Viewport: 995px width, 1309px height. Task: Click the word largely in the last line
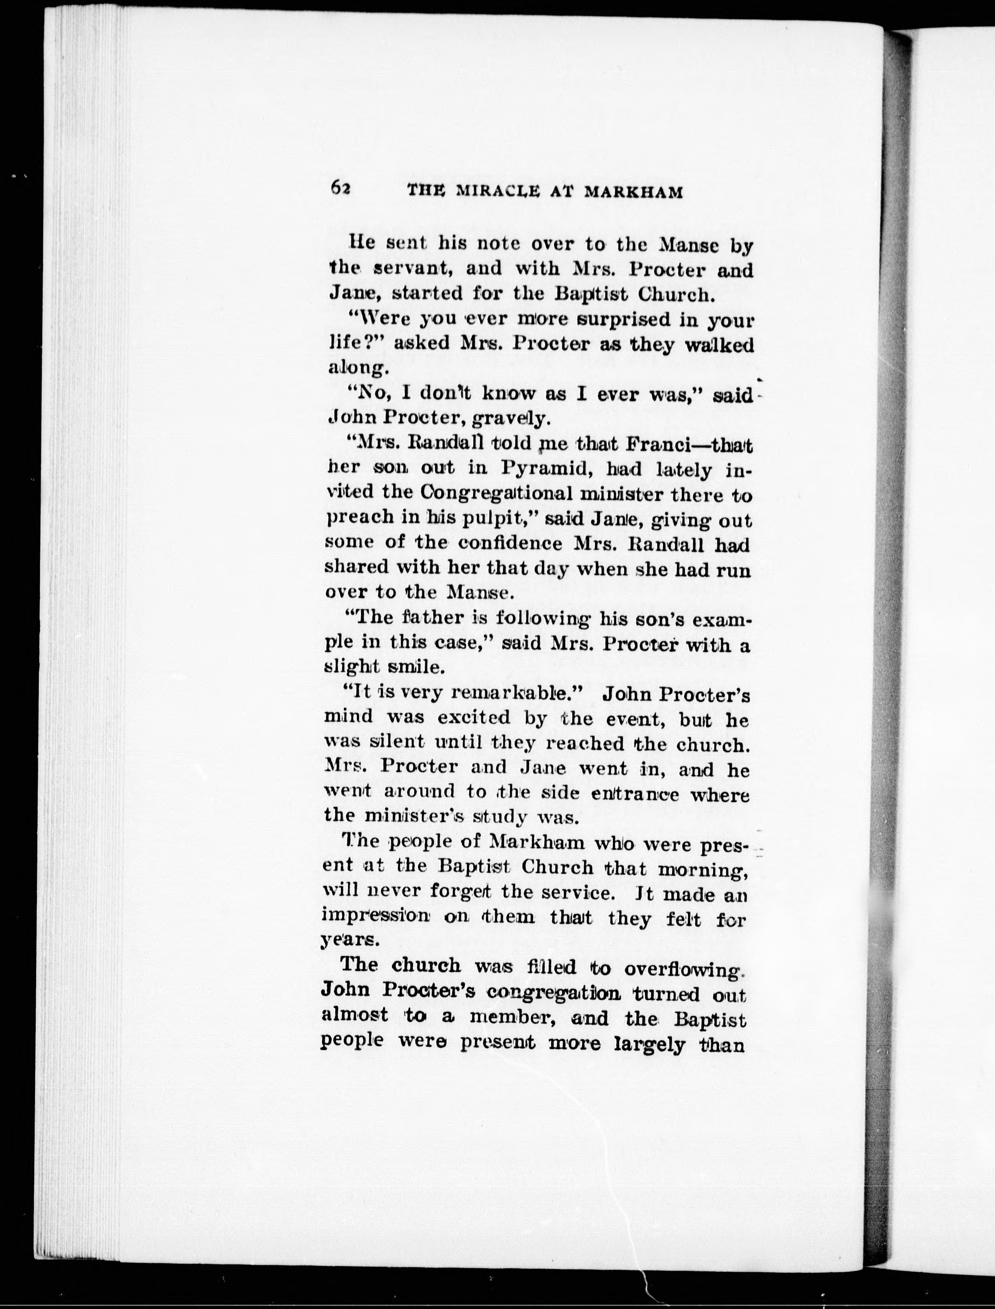[x=650, y=1044]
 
